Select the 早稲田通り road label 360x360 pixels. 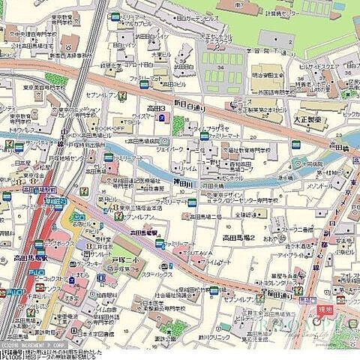coord(277,297)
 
